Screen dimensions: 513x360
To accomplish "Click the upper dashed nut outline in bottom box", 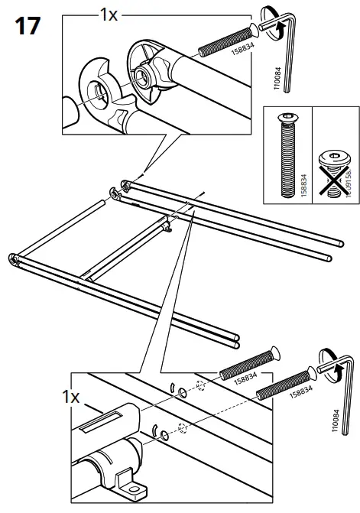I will [x=202, y=386].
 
